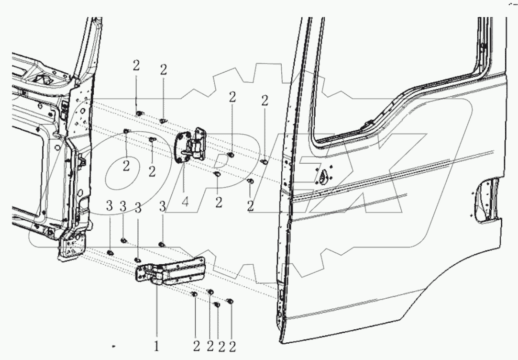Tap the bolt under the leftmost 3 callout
click(110, 252)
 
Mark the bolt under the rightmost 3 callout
click(161, 244)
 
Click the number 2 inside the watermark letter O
click(126, 166)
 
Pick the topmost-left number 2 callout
click(136, 67)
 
